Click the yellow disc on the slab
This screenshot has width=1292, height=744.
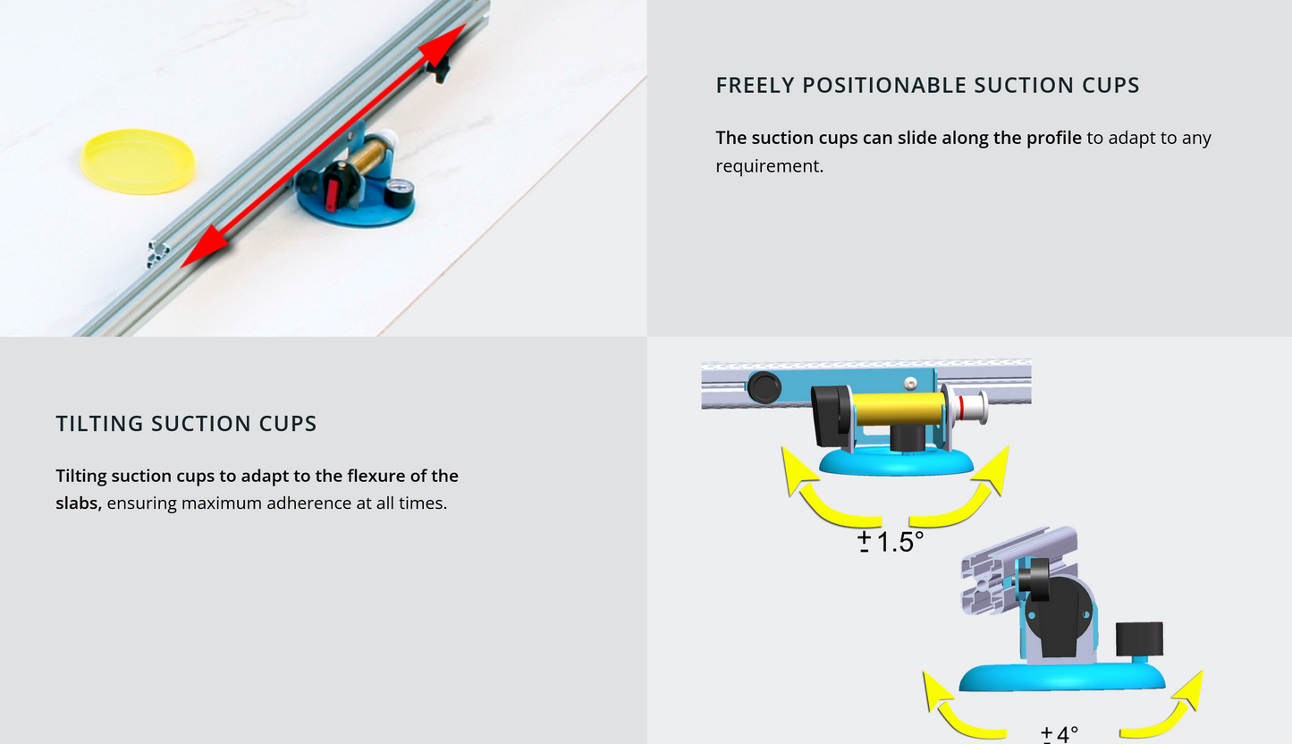(138, 162)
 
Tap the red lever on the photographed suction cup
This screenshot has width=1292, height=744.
(333, 194)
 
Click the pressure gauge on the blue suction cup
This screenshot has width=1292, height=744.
(399, 193)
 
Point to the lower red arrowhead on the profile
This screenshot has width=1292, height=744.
(205, 247)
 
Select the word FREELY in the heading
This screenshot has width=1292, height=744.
(755, 85)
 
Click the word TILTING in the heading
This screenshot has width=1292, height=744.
(99, 424)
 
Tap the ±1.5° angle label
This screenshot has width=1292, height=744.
(891, 542)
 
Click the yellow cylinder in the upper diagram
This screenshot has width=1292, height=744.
(898, 410)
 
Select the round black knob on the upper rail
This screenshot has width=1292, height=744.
(764, 387)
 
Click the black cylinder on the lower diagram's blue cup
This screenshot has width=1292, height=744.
(1139, 641)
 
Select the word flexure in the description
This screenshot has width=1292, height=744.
(376, 477)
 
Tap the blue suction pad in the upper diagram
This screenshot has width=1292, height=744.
(896, 462)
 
